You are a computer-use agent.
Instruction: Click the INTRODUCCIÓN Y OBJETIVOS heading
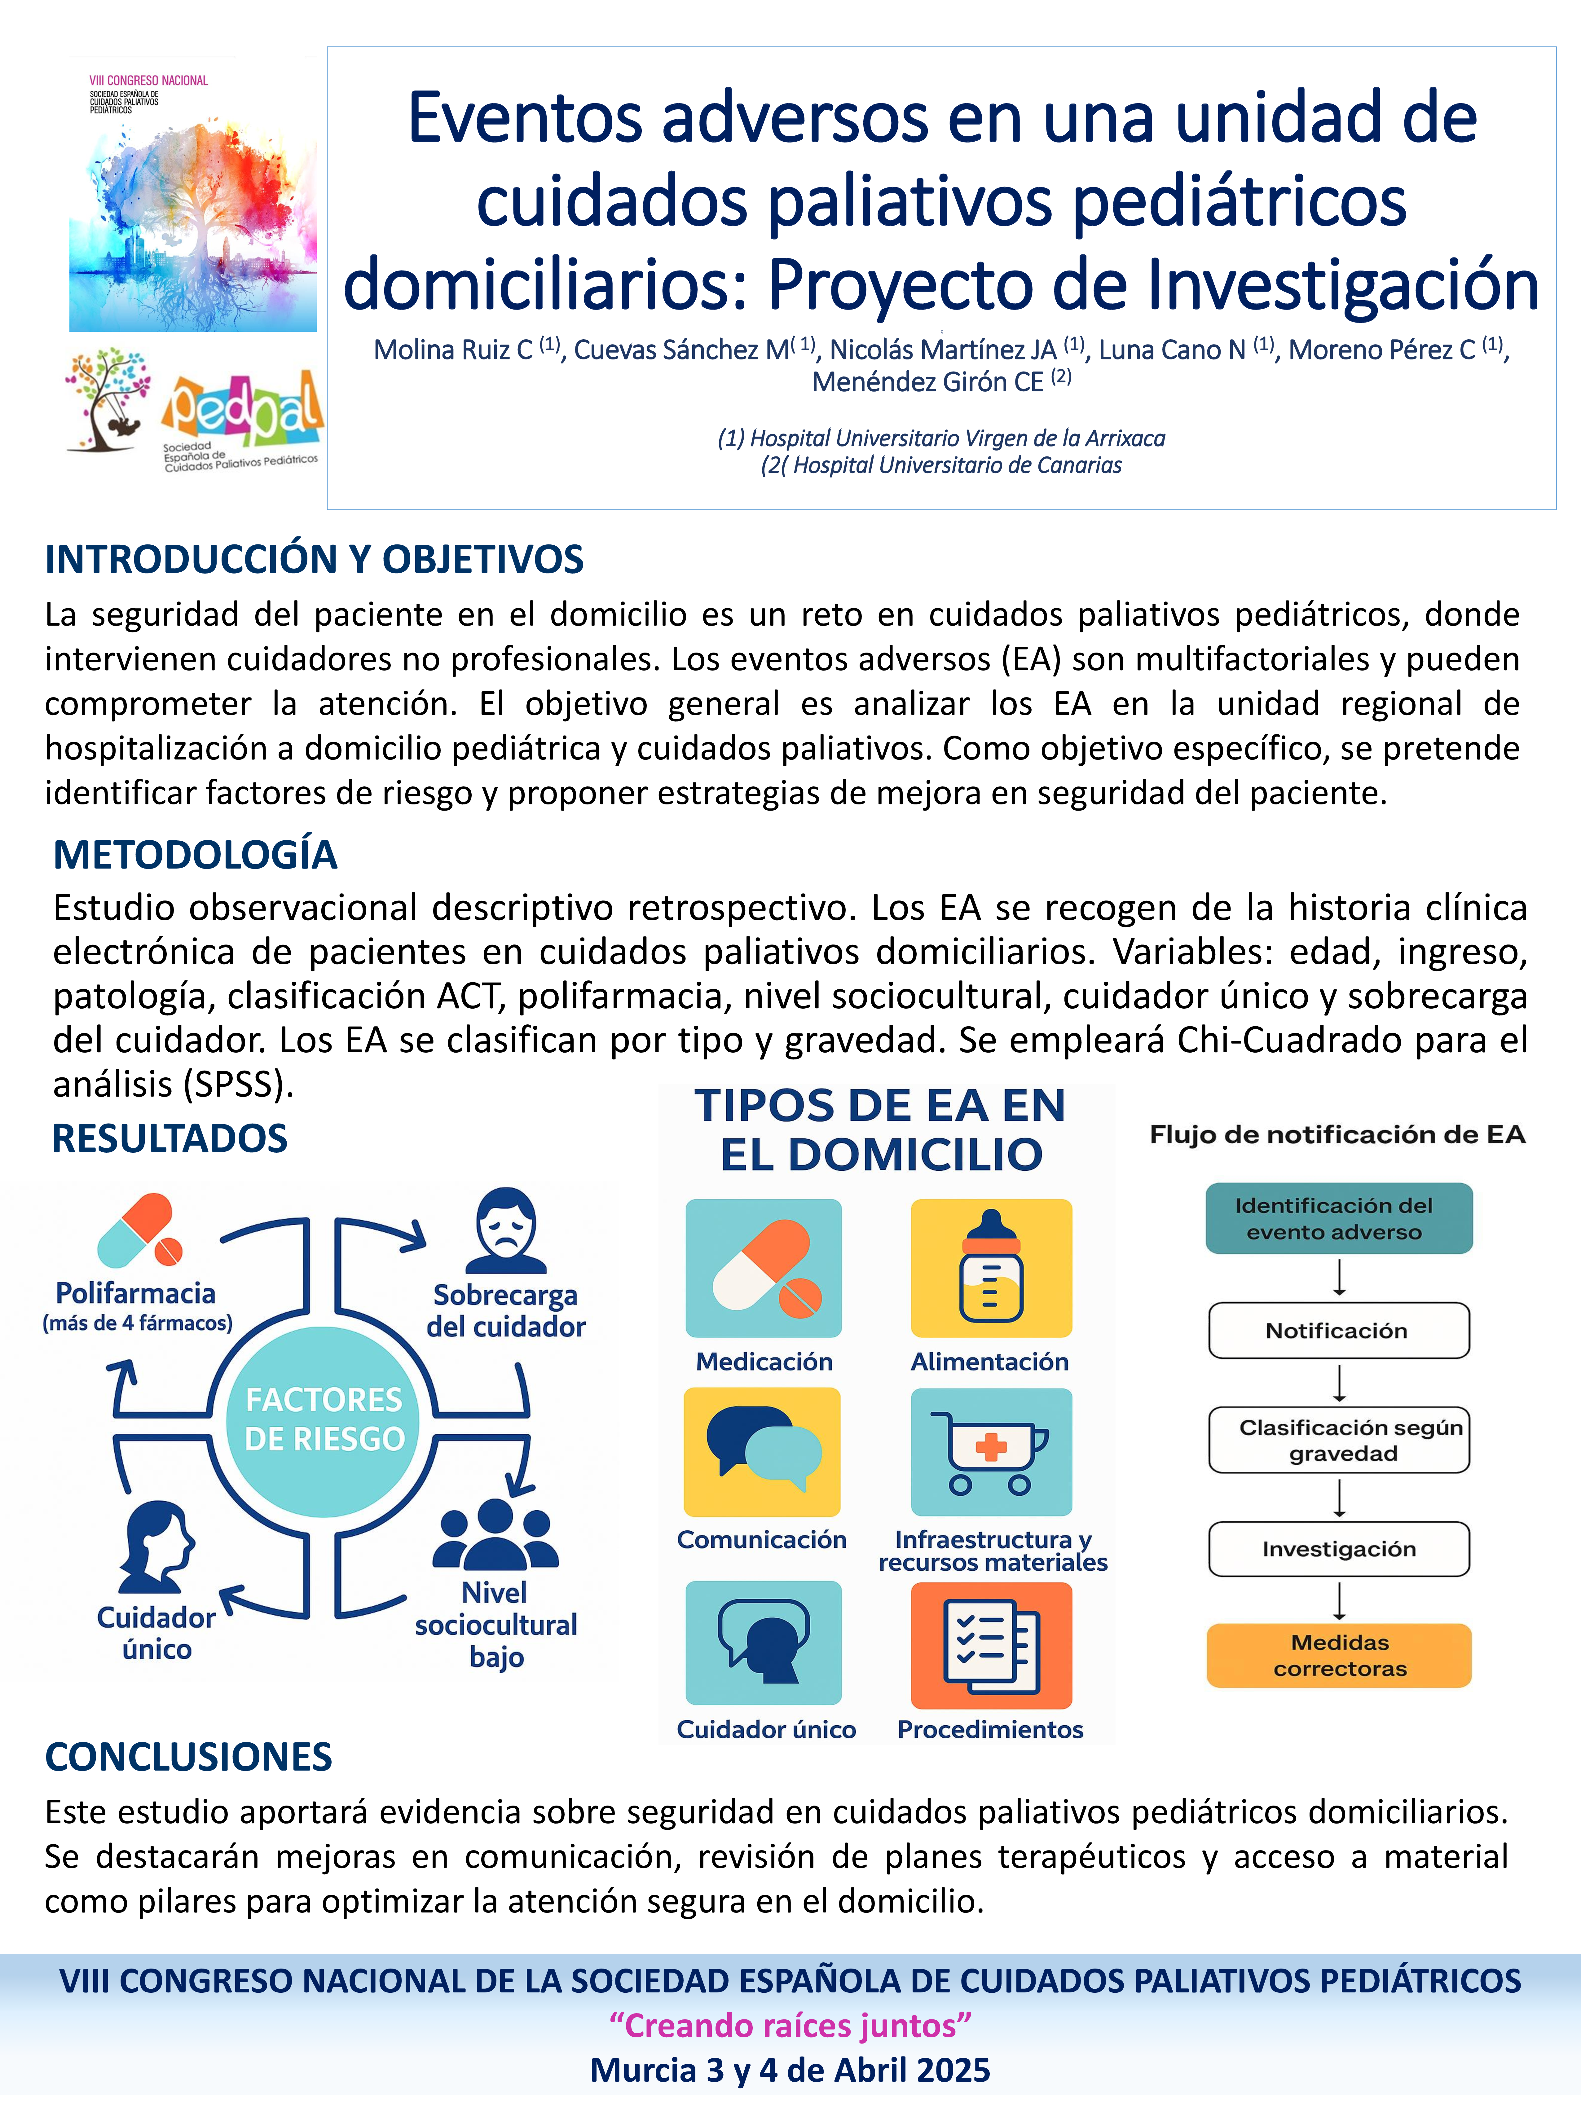(x=315, y=559)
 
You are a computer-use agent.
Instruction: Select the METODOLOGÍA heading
(x=195, y=855)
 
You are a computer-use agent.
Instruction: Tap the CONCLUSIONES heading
(x=189, y=1756)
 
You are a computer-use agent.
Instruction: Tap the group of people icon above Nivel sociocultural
(x=495, y=1534)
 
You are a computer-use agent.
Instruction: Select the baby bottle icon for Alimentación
(x=991, y=1267)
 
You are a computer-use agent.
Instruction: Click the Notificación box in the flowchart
(x=1338, y=1330)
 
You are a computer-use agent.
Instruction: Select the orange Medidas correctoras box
(x=1339, y=1655)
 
